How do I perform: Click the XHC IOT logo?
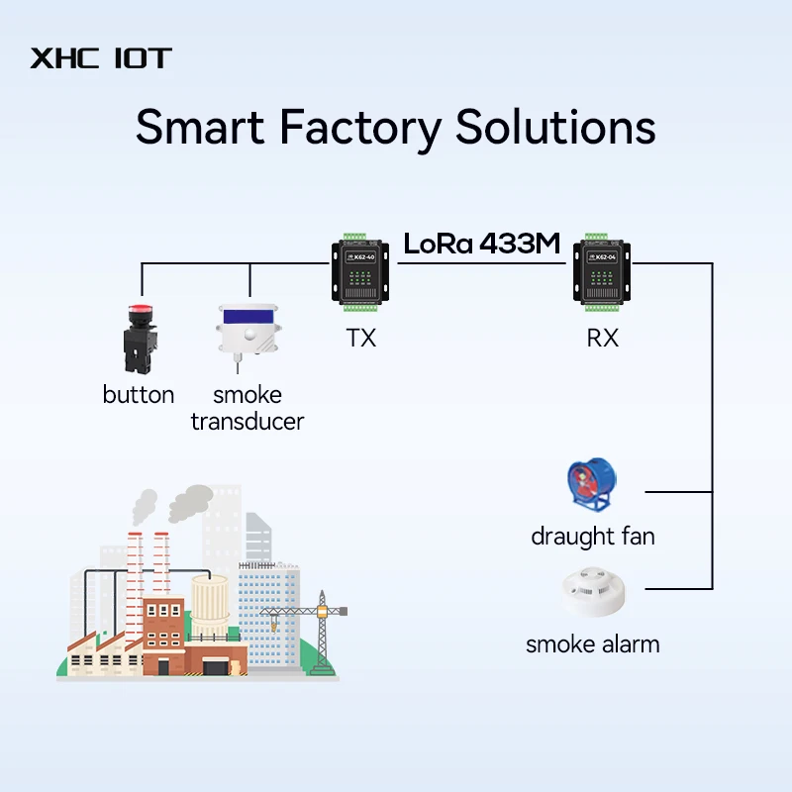tap(100, 57)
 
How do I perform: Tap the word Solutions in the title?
tap(555, 128)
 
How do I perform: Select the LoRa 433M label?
tap(482, 245)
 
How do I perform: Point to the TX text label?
tap(360, 338)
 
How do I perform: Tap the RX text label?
tap(602, 338)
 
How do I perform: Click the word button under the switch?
tap(138, 395)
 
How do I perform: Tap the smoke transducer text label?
tap(247, 408)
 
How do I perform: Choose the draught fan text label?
tap(593, 538)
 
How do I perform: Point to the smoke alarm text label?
tap(592, 644)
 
